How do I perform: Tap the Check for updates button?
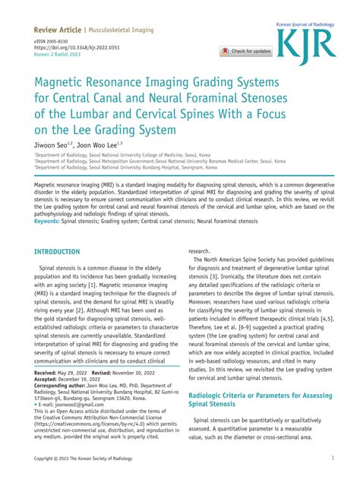click(x=246, y=52)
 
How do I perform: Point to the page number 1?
click(x=333, y=459)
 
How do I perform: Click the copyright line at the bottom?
click(x=84, y=459)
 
